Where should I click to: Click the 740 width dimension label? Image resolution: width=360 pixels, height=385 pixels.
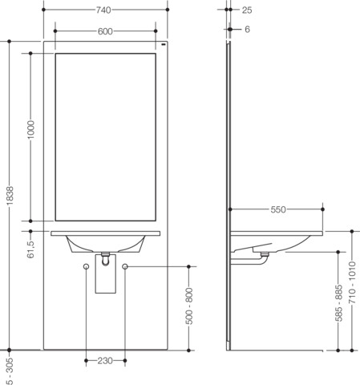[x=103, y=10]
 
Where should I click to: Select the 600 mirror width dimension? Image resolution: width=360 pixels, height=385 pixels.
[x=105, y=31]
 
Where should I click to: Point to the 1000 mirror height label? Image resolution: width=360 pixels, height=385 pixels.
[x=31, y=130]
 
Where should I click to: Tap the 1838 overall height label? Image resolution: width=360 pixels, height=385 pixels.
[x=10, y=196]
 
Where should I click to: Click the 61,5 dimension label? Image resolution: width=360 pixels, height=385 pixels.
[x=31, y=249]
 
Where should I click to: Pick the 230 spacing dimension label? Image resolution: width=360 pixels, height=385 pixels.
[x=105, y=361]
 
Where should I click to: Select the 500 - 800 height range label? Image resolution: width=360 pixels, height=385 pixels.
[x=189, y=306]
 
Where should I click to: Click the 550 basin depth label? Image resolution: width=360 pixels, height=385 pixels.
[x=278, y=209]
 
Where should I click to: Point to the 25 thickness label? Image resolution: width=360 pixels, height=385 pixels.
[x=247, y=10]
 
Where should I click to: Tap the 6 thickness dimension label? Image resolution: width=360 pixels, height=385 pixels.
[x=247, y=29]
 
